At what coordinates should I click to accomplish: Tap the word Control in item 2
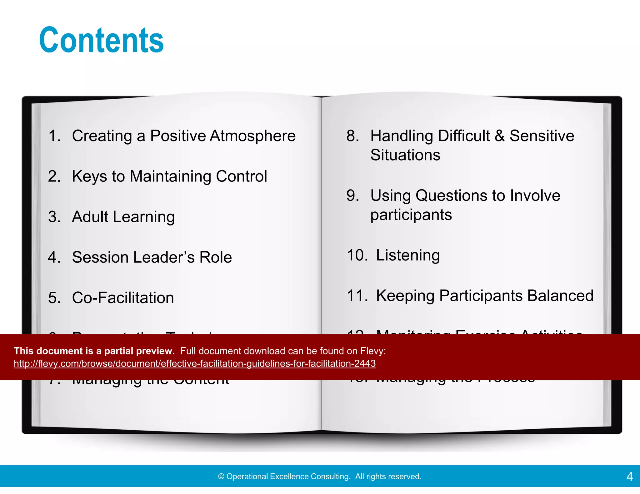241,176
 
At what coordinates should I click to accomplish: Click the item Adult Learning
123,217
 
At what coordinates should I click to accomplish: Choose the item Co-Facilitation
123,298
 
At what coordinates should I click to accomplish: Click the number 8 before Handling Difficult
352,136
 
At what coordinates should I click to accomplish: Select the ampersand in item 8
499,136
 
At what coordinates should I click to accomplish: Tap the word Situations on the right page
405,155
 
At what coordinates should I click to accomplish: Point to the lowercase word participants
411,215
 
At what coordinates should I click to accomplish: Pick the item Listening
407,255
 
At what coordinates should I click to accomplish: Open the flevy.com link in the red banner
195,363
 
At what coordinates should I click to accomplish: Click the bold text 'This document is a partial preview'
94,351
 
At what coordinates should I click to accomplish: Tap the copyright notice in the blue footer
320,477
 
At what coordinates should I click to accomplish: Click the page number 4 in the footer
629,477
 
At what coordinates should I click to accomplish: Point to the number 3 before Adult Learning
54,217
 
